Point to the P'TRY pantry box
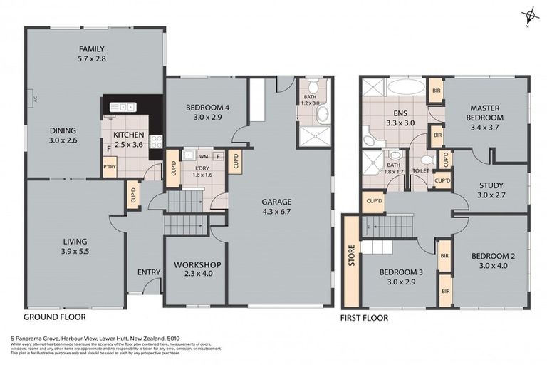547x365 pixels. pos(110,168)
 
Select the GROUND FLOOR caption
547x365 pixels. pos(55,316)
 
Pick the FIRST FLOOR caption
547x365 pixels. pos(364,318)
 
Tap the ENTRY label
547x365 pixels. pos(149,272)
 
